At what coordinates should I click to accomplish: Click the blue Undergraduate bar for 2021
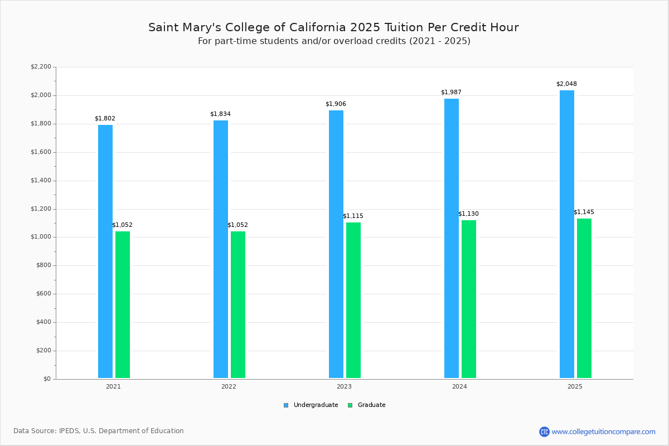[x=105, y=251]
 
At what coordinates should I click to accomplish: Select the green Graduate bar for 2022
[x=238, y=304]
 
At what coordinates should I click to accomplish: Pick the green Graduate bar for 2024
[x=469, y=299]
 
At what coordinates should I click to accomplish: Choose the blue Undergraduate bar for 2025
[x=567, y=234]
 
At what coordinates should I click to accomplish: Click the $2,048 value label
[x=566, y=84]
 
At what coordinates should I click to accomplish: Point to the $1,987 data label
[x=451, y=93]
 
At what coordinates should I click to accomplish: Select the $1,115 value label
[x=353, y=216]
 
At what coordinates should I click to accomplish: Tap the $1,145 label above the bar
[x=584, y=212]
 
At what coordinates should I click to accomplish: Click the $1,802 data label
[x=105, y=119]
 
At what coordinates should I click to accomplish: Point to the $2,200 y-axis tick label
[x=41, y=67]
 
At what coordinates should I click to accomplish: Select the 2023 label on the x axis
[x=344, y=386]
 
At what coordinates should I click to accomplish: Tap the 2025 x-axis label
[x=575, y=386]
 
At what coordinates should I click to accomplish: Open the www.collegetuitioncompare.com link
[x=603, y=432]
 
